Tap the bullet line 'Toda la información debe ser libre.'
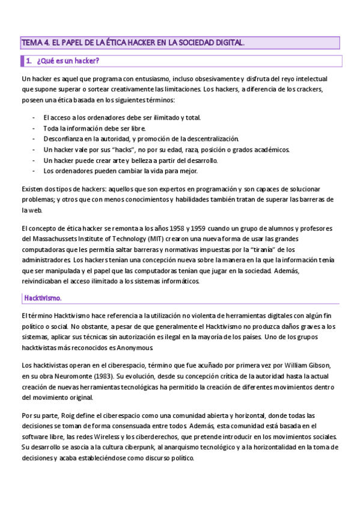pos(94,128)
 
